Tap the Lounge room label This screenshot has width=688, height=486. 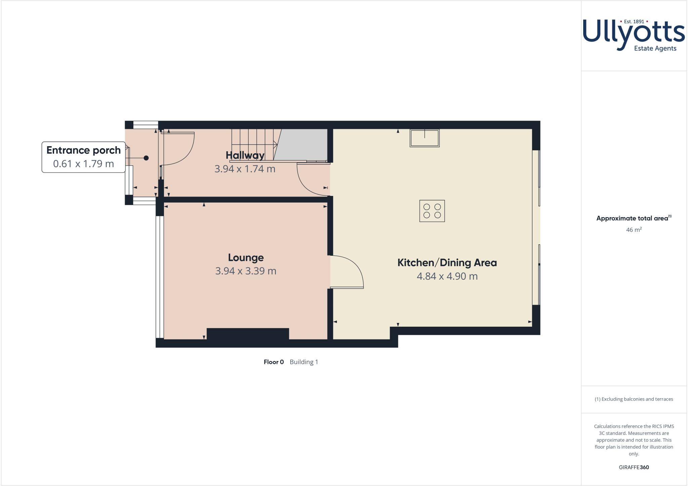(246, 257)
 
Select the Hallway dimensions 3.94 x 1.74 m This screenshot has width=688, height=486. (245, 169)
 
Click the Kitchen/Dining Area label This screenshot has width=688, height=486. (447, 262)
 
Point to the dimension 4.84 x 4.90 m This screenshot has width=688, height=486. (447, 276)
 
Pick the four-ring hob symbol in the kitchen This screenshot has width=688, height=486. (432, 211)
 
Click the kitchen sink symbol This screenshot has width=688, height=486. (425, 138)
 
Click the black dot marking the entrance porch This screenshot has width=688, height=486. (146, 158)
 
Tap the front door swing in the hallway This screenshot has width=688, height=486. (180, 148)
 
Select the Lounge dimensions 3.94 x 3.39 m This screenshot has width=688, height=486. (246, 271)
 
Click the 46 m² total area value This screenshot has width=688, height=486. (634, 230)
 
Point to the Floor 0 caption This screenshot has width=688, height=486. (274, 362)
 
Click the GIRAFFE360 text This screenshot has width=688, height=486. (634, 467)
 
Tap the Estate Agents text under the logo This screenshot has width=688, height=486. (655, 48)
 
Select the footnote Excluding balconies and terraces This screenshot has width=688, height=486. (634, 399)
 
